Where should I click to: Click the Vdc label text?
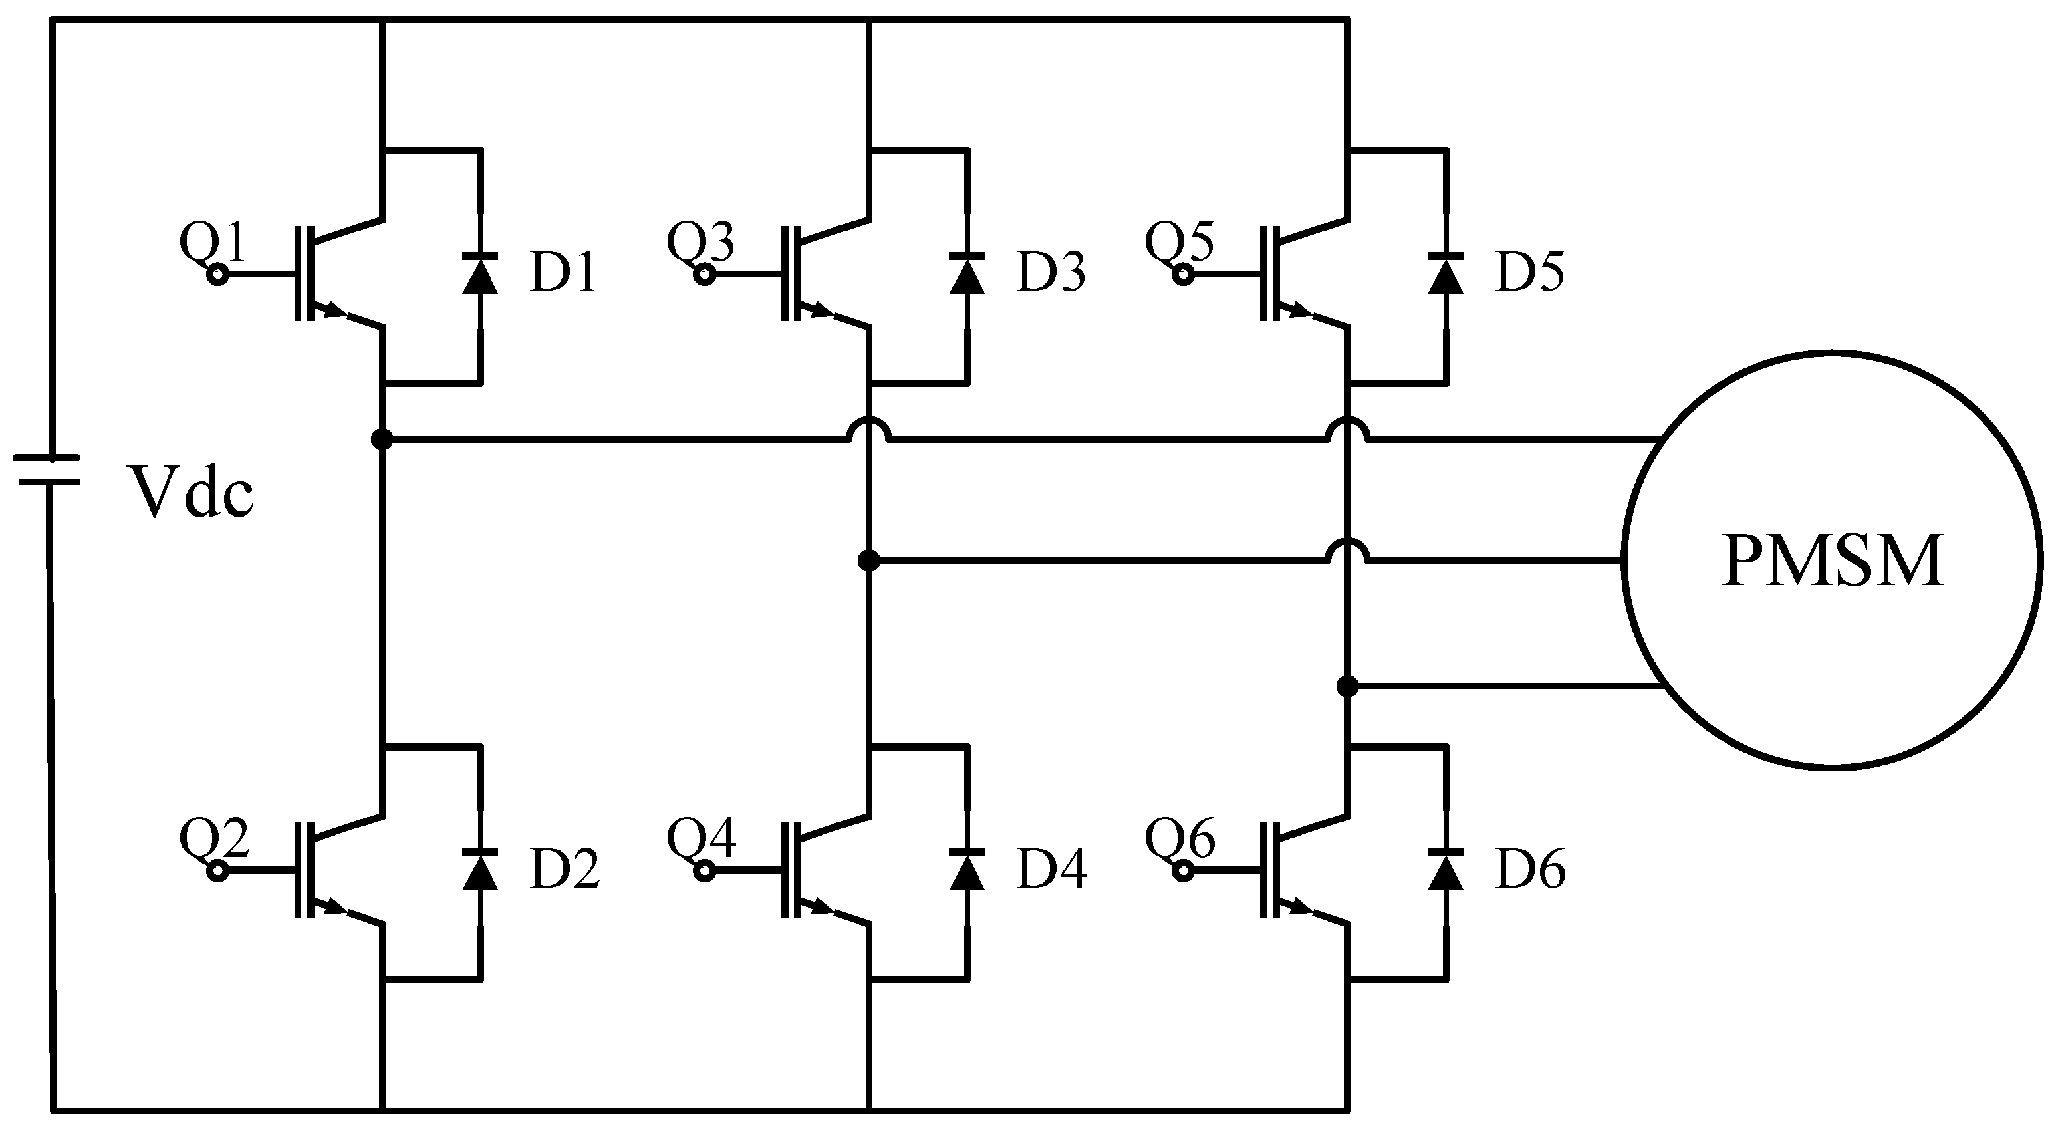click(192, 492)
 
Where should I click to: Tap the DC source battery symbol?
click(48, 470)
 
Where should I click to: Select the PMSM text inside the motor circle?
click(1832, 562)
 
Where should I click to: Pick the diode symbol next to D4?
click(967, 870)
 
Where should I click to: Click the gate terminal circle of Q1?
click(217, 275)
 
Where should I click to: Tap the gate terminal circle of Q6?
click(1184, 872)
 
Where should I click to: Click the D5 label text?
click(1529, 272)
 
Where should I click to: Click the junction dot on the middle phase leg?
click(869, 561)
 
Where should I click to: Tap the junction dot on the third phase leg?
click(1347, 685)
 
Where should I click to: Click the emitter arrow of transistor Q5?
click(1301, 311)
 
